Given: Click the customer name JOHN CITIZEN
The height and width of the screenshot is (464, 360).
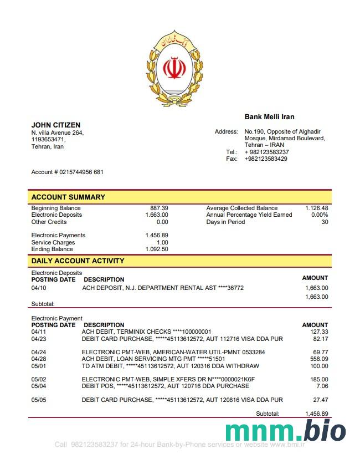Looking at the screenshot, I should [x=55, y=125].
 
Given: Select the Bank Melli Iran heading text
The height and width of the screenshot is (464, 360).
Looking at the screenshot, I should [x=269, y=117].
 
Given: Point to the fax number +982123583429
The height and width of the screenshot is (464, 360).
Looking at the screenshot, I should [x=266, y=159].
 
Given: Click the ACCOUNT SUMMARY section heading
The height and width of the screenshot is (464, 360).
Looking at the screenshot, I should [x=68, y=197].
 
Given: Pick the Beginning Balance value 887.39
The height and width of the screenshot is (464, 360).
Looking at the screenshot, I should [x=159, y=208].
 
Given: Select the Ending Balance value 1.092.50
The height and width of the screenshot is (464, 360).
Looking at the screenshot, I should [x=157, y=249].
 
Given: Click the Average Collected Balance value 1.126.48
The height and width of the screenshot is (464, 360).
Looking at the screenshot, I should [x=316, y=208].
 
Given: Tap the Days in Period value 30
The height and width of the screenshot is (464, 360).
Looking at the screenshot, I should [x=325, y=222].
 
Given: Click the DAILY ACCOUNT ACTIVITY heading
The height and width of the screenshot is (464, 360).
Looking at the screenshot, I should [x=78, y=261].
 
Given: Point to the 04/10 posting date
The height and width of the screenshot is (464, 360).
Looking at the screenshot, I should [x=39, y=288].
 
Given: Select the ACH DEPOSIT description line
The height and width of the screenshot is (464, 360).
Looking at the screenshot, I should [x=163, y=288].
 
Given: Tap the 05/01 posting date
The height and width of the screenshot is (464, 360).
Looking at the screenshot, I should [x=39, y=366].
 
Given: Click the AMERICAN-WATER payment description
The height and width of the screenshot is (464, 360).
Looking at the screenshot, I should [x=173, y=352].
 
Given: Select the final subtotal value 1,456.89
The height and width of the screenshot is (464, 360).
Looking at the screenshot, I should [x=316, y=414].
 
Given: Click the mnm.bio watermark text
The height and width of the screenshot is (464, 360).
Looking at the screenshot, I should [x=286, y=431].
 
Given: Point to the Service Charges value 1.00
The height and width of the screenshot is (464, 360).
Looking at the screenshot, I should [x=162, y=242].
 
